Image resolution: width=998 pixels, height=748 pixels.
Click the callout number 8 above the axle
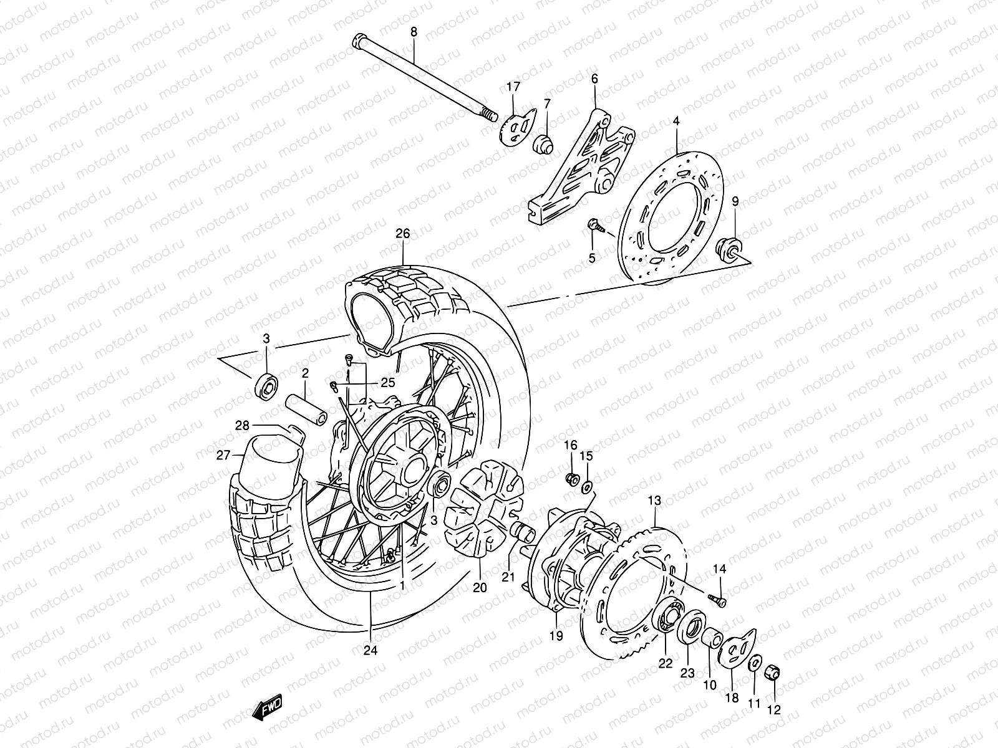[x=414, y=31]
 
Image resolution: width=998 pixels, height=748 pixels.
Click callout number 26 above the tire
[x=402, y=234]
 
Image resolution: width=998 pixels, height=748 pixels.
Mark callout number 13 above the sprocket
[x=654, y=500]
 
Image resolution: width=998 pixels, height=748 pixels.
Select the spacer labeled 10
[x=713, y=640]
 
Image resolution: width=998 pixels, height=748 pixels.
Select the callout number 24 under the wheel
[x=371, y=651]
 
